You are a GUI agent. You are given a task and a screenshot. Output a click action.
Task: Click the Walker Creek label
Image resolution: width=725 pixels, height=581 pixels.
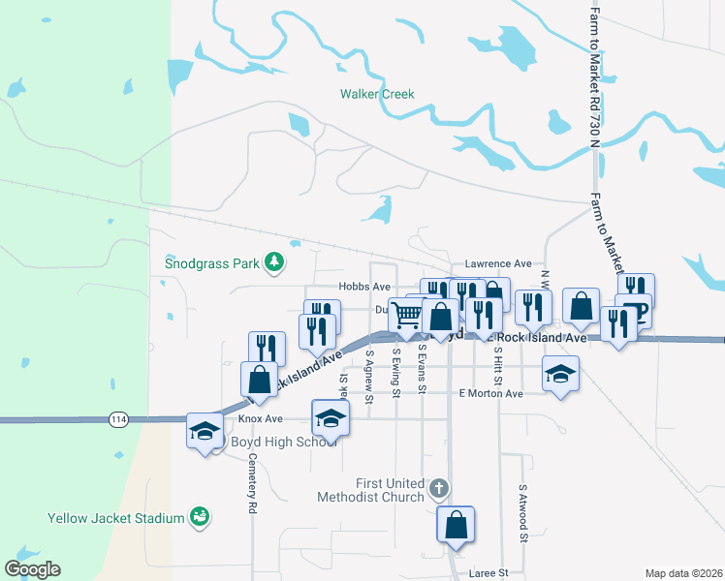376,94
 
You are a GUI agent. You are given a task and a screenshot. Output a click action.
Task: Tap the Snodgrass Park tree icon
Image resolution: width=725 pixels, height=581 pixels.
275,261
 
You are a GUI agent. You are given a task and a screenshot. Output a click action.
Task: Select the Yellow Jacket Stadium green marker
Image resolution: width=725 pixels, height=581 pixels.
200,517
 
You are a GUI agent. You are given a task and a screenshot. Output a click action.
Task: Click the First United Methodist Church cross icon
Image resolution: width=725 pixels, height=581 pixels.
438,488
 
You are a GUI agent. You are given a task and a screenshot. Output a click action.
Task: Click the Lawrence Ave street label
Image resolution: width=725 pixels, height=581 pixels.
498,263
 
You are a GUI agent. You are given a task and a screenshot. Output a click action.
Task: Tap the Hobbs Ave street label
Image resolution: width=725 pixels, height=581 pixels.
364,287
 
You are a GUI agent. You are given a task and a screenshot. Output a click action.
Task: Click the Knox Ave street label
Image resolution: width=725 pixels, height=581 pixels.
260,419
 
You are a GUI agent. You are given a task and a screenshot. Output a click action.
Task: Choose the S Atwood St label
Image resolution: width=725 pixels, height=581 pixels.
522,512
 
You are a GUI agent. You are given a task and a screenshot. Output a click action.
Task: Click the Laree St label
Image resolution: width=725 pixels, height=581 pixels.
489,573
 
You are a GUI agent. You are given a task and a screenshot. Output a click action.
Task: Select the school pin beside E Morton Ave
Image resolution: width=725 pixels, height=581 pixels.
560,373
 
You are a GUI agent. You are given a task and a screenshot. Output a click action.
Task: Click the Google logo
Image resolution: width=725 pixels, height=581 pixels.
33,569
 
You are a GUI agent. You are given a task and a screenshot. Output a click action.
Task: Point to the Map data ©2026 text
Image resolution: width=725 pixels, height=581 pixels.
683,573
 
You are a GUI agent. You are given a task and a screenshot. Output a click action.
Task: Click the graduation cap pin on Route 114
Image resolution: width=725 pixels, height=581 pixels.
205,431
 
